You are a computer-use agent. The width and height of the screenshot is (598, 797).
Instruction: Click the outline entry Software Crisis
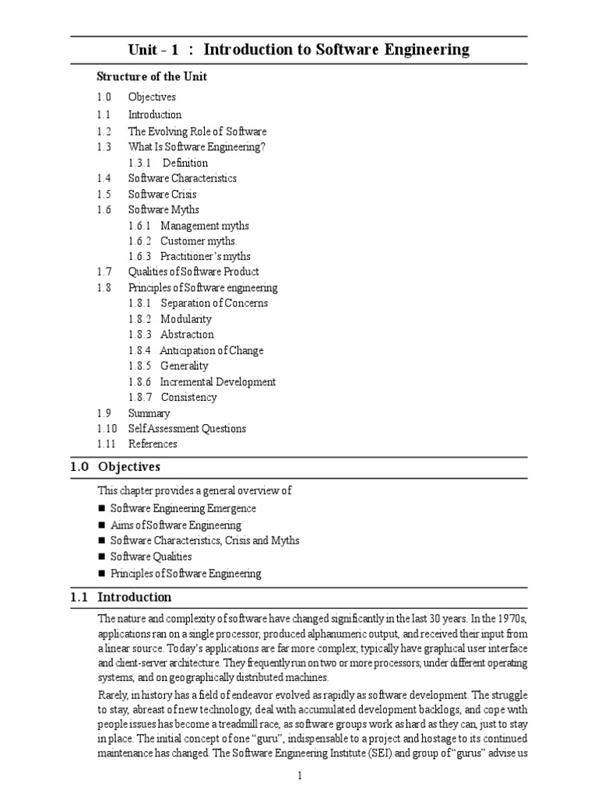point(162,194)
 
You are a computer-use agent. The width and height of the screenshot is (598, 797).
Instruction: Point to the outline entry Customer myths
point(199,241)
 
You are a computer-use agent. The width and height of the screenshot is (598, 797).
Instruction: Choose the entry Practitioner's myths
point(206,256)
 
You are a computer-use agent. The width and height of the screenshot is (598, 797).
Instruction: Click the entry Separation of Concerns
point(214,303)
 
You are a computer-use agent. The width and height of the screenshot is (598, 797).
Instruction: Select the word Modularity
point(186,319)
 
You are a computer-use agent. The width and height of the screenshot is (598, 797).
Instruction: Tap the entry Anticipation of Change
point(212,350)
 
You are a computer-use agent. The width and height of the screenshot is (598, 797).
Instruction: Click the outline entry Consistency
point(188,397)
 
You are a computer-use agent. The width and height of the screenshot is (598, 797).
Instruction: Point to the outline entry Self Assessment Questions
point(187,428)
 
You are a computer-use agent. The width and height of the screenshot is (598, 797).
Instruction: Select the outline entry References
point(153,444)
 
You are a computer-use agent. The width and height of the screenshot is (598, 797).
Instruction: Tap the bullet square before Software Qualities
point(101,557)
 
